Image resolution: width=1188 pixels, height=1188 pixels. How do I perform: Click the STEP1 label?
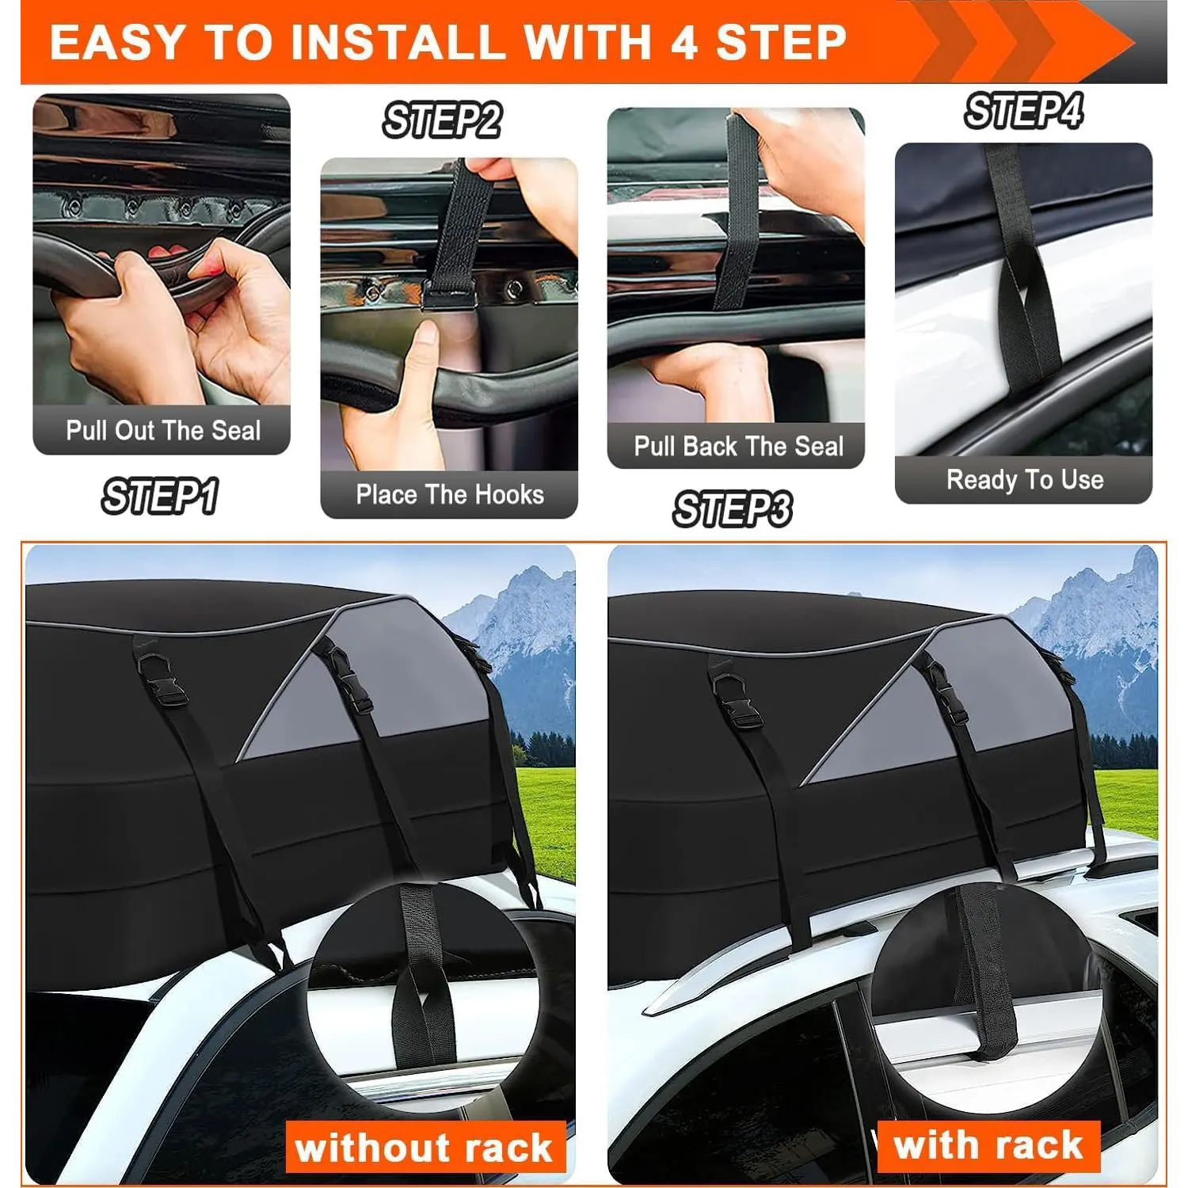tap(159, 497)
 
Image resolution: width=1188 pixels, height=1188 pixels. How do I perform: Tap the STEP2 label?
tap(442, 121)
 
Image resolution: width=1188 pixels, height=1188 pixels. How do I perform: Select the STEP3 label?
tap(732, 508)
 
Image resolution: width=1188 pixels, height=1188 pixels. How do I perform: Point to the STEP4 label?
tap(1023, 111)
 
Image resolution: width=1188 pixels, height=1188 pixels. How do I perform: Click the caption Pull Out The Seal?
tap(162, 431)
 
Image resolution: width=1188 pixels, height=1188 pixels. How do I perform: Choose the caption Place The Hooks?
tap(449, 495)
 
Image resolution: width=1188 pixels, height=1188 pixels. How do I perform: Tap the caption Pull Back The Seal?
tap(738, 447)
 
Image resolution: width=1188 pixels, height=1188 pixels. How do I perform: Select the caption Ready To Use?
tap(1024, 480)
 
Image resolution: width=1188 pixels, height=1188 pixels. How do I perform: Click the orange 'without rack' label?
tap(425, 1147)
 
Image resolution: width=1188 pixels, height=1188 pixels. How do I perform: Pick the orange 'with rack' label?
tap(988, 1145)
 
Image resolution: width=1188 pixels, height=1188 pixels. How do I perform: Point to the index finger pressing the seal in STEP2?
tap(424, 348)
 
